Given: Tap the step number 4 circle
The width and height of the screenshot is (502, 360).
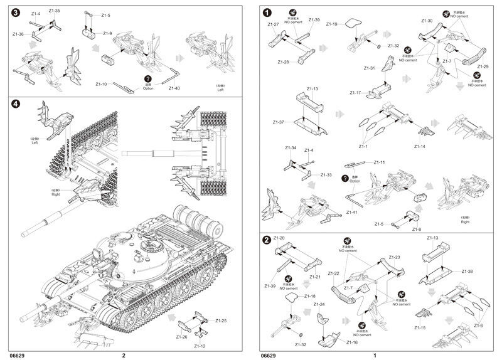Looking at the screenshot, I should pos(16,104).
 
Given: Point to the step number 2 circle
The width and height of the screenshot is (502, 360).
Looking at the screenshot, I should pos(267,240).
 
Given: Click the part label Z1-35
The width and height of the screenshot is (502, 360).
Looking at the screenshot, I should pos(55,11).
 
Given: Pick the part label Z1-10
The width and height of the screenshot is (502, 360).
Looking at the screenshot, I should pos(102,83).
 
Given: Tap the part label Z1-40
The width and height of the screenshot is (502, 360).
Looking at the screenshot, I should pos(174,88).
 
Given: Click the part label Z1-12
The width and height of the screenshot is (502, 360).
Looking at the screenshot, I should pos(200,346).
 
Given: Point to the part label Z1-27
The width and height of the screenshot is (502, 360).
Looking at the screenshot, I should pos(273,24).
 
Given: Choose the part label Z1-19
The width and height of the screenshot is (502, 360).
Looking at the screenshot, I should pos(332,24).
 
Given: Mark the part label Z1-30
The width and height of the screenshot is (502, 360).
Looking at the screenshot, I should pos(427,21).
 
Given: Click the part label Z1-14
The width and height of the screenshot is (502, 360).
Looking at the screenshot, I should pos(420,146).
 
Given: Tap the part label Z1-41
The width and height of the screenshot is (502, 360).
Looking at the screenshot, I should pos(353,213).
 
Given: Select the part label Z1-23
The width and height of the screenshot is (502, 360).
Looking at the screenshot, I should pos(394,258).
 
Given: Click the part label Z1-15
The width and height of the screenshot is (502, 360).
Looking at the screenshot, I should pos(420,328).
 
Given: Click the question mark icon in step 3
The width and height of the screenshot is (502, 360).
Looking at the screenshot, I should pos(148,78).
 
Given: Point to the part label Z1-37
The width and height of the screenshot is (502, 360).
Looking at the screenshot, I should pos(279,122).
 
